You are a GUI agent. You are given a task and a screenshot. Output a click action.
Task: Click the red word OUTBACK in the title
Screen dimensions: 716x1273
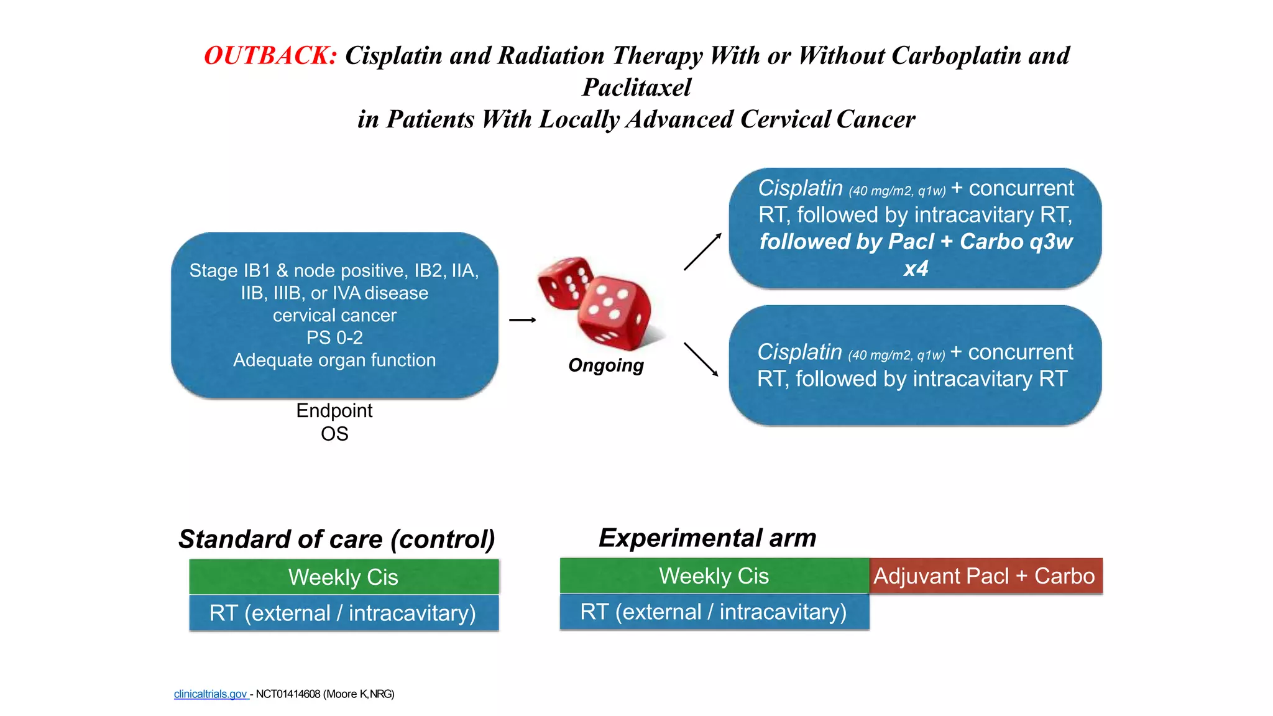tap(270, 56)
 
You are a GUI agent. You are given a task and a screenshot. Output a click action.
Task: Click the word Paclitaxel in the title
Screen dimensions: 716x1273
tap(636, 88)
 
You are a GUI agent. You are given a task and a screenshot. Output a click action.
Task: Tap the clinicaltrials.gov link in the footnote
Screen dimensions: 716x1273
tap(211, 694)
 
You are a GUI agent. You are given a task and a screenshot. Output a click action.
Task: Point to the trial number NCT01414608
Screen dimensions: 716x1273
tap(288, 694)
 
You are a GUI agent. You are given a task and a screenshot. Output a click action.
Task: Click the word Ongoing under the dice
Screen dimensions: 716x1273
tap(605, 365)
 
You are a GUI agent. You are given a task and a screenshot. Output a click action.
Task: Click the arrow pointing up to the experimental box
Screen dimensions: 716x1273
tap(702, 252)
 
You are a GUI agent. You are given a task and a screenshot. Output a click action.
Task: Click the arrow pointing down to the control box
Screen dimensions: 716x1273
tap(701, 359)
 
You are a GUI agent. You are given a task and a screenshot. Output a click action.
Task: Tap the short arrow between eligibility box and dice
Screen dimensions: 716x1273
tap(522, 320)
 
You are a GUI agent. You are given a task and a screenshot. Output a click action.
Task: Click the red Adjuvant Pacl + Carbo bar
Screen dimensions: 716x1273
tap(985, 576)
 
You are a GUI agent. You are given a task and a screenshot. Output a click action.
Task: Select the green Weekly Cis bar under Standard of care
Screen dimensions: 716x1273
tap(344, 577)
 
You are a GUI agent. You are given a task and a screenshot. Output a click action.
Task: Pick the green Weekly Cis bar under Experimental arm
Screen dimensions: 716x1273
tap(714, 576)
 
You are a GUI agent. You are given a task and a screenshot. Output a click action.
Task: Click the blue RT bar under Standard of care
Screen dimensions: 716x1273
tap(344, 613)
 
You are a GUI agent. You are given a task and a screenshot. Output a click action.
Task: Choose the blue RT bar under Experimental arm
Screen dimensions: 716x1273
tap(714, 612)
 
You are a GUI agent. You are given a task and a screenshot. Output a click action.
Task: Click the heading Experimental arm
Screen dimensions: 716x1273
tap(707, 538)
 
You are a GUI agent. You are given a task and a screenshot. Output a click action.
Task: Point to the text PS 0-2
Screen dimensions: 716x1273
tap(334, 338)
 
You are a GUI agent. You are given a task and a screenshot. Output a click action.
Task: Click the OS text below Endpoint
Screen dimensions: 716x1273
tap(334, 434)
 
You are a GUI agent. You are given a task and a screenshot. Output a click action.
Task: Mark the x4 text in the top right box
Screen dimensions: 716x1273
tap(916, 268)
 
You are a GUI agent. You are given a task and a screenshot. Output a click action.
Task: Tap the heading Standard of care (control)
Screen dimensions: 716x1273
tap(336, 539)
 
